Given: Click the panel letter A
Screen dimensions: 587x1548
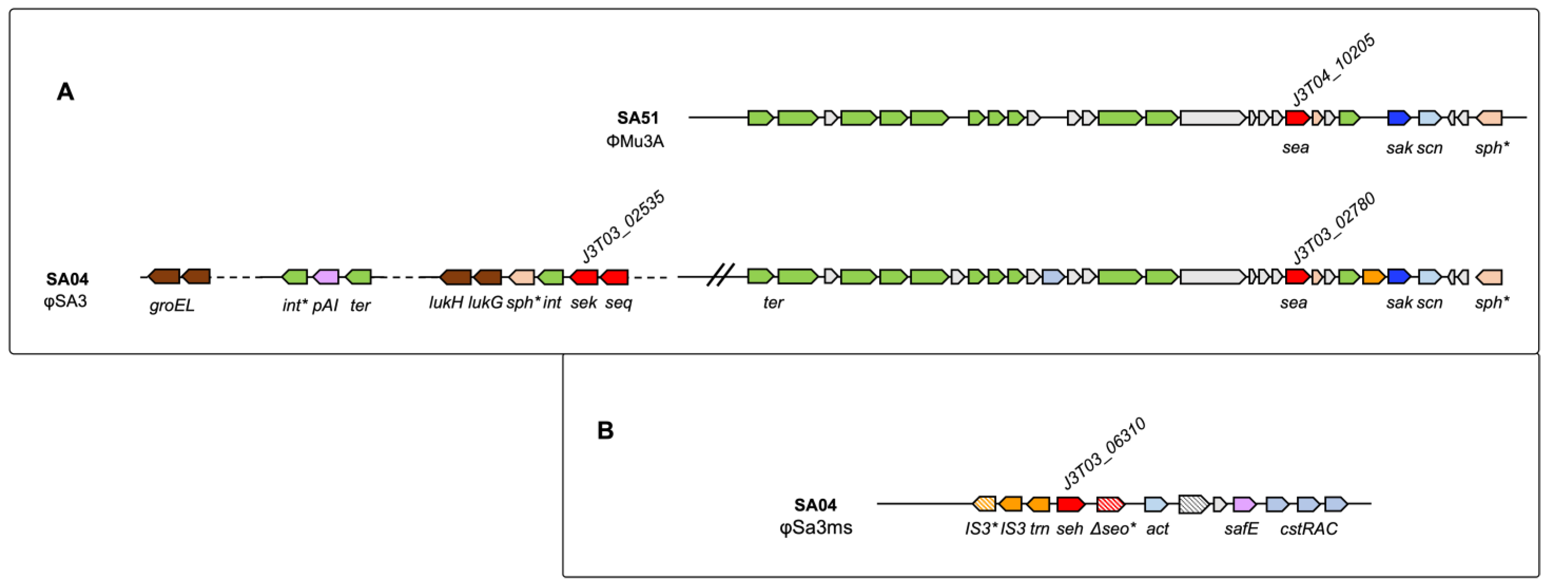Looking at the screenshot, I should (x=65, y=92).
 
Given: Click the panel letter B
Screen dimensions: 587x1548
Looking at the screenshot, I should (x=605, y=430).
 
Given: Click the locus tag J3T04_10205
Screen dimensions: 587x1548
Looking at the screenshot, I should (x=1333, y=70).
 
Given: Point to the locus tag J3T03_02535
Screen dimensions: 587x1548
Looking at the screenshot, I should (x=623, y=227).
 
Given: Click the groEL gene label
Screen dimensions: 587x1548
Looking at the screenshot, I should (x=172, y=306).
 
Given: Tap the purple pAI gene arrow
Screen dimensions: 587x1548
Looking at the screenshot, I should (x=326, y=277).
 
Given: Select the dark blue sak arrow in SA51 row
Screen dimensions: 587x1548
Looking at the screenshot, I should (x=1398, y=118).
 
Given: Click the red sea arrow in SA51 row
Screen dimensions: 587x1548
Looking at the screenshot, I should (x=1297, y=118).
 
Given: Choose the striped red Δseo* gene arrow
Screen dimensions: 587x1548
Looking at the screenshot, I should (x=1109, y=504).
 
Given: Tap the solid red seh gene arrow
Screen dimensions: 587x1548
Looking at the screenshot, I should (x=1070, y=504).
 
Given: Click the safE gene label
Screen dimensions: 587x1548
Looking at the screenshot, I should (x=1241, y=529).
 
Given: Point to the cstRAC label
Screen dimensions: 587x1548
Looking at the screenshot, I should (x=1308, y=529).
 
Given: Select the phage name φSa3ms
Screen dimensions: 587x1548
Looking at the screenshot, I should (x=815, y=528).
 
